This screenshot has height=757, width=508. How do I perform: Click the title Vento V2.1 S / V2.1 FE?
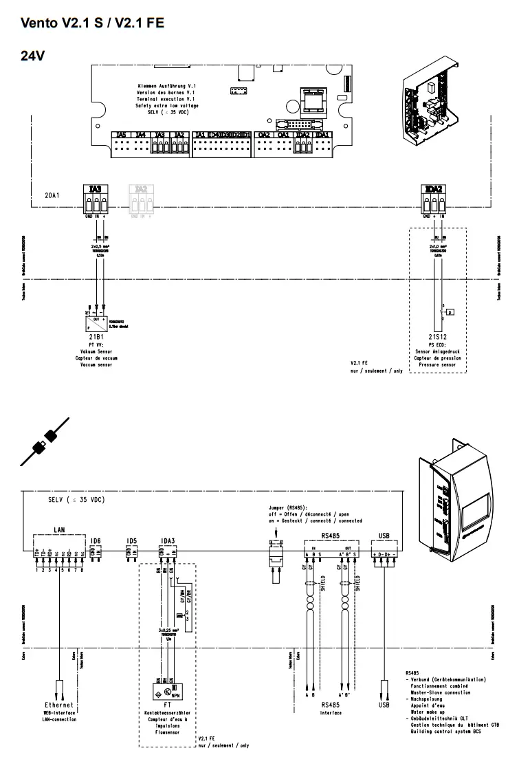click(x=92, y=23)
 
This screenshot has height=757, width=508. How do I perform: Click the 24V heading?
click(x=33, y=55)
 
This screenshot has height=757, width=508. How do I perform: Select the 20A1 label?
click(x=52, y=196)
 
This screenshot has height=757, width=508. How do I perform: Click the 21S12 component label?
click(x=437, y=337)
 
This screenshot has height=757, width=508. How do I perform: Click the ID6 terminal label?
click(x=96, y=540)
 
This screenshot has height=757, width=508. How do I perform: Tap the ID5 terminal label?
click(x=131, y=540)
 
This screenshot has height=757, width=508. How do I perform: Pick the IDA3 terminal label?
click(x=167, y=540)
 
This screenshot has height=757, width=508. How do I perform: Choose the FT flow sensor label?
click(x=167, y=705)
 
